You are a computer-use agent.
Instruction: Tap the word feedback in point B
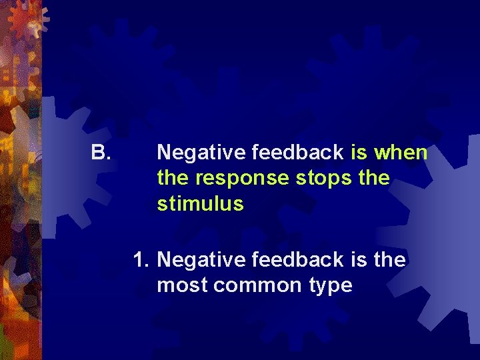[x=297, y=153]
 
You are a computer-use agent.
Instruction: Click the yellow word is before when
[x=359, y=153]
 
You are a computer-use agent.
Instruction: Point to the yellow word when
[x=401, y=153]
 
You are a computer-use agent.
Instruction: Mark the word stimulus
[x=200, y=204]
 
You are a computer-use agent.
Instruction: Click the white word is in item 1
[x=359, y=259]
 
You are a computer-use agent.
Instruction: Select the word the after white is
[x=390, y=259]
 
